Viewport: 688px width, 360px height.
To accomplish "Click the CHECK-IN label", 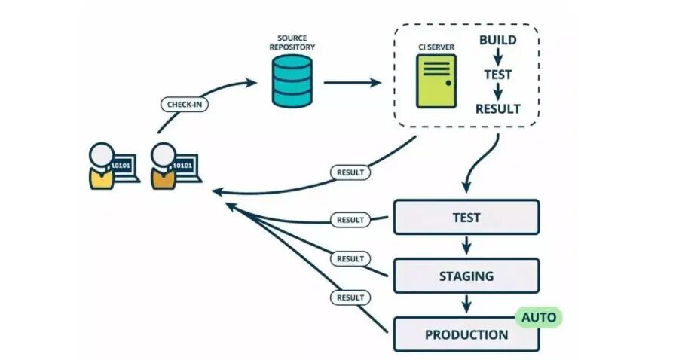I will (x=185, y=105).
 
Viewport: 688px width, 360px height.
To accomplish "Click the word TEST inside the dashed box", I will (x=497, y=75).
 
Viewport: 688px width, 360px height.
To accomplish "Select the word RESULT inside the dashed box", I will (x=497, y=109).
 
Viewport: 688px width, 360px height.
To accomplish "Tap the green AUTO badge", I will (x=539, y=317).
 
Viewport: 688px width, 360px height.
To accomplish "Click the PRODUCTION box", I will (x=466, y=334).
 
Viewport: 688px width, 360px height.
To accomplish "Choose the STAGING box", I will (x=466, y=276).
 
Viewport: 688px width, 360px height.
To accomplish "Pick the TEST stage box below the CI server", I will (x=466, y=217).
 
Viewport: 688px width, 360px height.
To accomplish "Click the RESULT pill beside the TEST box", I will (x=350, y=220).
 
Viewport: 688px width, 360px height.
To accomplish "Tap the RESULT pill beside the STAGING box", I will (x=350, y=258).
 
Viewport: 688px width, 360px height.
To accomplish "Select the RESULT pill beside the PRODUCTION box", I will (x=350, y=297).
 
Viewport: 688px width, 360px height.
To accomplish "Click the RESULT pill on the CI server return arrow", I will (x=350, y=172).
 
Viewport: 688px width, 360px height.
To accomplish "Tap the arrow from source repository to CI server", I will (x=353, y=82).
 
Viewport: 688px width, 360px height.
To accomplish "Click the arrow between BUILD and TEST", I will (x=497, y=56).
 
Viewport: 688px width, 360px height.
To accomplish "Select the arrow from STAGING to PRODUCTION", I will (x=466, y=304).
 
